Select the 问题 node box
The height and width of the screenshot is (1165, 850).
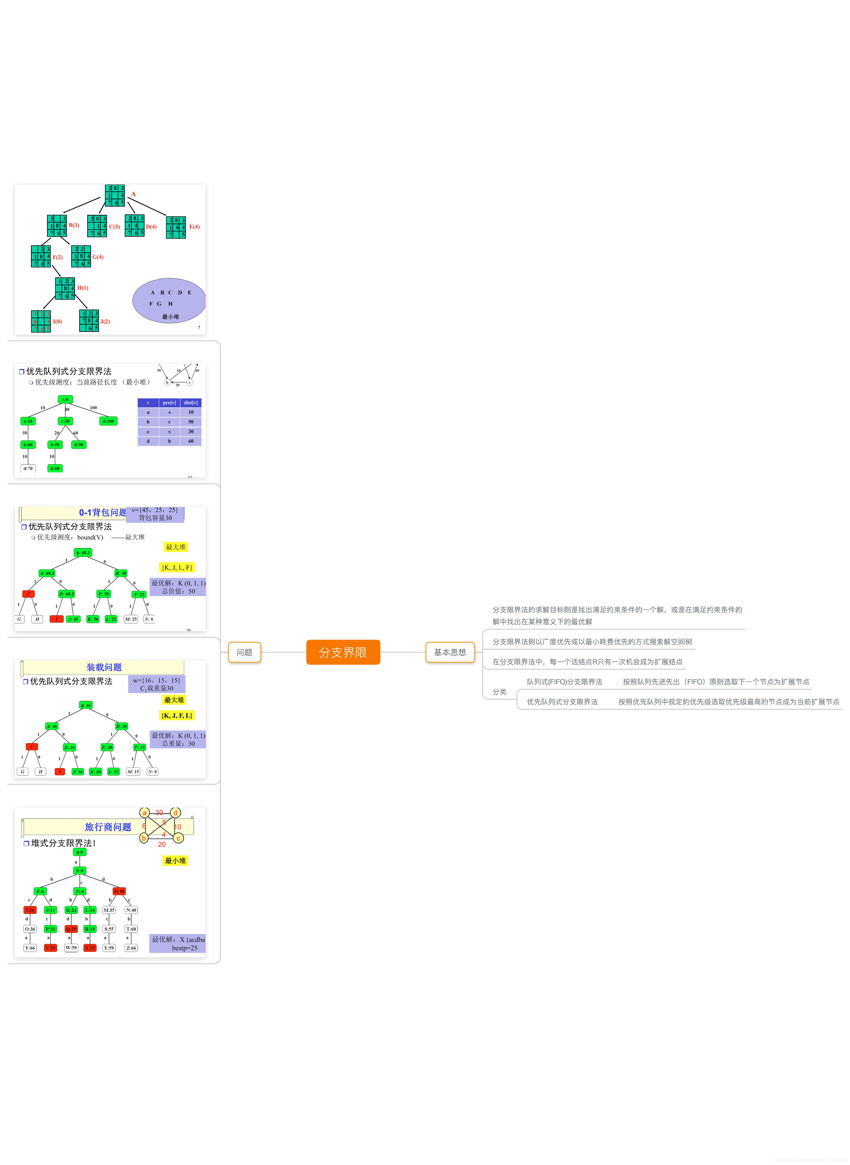pos(244,652)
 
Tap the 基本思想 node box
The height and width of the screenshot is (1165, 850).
pos(450,652)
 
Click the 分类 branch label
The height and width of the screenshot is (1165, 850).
pos(499,692)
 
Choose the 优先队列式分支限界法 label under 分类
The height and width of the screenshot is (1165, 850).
pos(562,702)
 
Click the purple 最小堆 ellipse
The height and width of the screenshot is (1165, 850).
pos(169,301)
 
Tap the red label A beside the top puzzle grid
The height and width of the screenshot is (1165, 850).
pos(133,194)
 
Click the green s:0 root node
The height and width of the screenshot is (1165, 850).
pos(65,399)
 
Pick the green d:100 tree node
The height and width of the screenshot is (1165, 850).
pos(108,421)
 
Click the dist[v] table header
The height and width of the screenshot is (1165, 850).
pos(190,403)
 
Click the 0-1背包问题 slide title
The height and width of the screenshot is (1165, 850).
pos(102,512)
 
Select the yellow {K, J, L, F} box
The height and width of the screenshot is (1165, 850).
pos(176,567)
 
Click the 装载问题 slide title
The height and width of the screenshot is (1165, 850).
pos(104,667)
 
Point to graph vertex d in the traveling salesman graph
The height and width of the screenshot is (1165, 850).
pos(175,813)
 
